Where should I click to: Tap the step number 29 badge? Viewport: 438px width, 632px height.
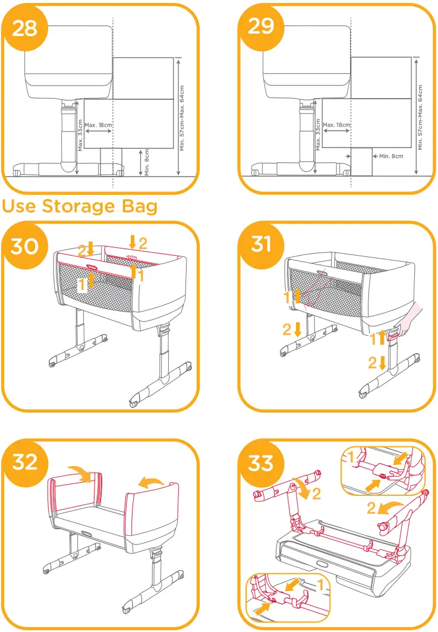pyautogui.click(x=261, y=27)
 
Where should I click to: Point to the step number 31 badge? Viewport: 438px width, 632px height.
pyautogui.click(x=261, y=245)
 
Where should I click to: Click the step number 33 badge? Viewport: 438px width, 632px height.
pyautogui.click(x=261, y=462)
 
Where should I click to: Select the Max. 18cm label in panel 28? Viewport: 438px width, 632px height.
pyautogui.click(x=99, y=125)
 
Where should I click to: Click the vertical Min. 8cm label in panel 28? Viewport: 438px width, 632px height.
pyautogui.click(x=147, y=161)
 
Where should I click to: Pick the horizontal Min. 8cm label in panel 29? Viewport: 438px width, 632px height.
pyautogui.click(x=390, y=156)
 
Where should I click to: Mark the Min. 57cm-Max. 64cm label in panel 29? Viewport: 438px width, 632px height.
pyautogui.click(x=420, y=117)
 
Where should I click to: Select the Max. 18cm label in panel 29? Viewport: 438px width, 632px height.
pyautogui.click(x=336, y=125)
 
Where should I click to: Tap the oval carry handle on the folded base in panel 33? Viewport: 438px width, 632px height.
pyautogui.click(x=323, y=562)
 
